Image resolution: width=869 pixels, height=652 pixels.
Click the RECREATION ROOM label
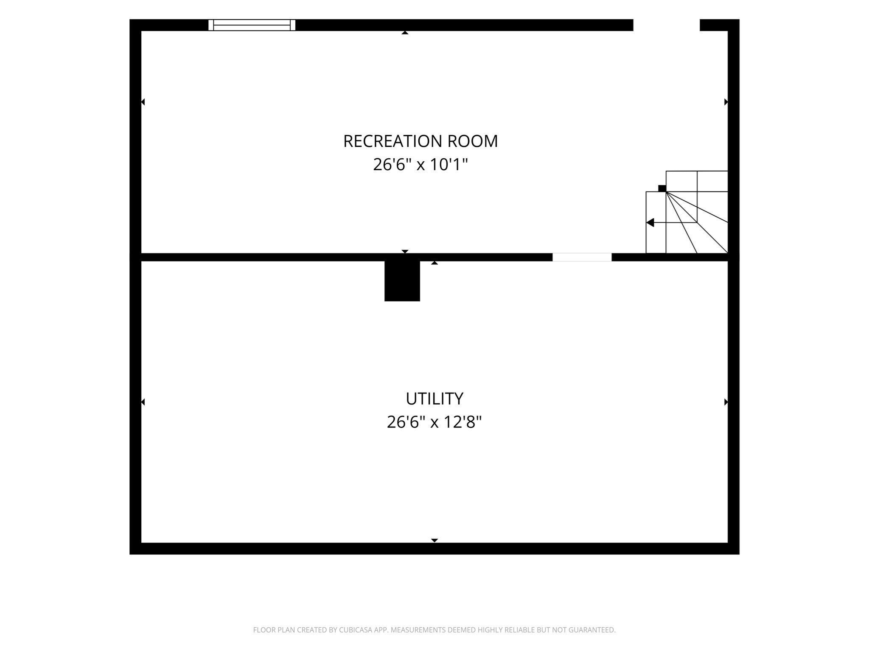[x=420, y=141]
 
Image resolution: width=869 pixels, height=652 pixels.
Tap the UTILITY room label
[x=434, y=399]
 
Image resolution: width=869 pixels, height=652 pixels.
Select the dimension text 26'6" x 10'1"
[x=420, y=164]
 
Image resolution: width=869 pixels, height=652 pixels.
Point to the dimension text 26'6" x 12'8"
[x=434, y=422]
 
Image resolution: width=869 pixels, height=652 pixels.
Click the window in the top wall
[x=252, y=25]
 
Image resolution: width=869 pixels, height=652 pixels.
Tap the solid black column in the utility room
[x=402, y=281]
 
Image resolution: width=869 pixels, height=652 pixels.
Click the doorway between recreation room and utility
[x=582, y=257]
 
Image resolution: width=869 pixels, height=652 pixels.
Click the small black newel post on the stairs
[x=662, y=188]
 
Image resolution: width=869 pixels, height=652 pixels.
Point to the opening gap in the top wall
[x=667, y=25]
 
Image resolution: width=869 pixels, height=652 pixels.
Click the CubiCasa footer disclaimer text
[x=434, y=630]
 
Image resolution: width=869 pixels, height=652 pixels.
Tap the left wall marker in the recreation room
[x=143, y=102]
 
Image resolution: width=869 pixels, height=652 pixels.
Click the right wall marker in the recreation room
[x=726, y=102]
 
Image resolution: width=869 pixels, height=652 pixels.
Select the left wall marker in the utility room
[x=143, y=402]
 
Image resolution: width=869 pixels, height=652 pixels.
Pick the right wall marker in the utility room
[x=726, y=402]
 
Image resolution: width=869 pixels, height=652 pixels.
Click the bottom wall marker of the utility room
[x=434, y=540]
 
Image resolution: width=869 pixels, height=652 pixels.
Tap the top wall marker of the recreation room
[x=405, y=33]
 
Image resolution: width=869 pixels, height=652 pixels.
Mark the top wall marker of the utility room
[x=434, y=263]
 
